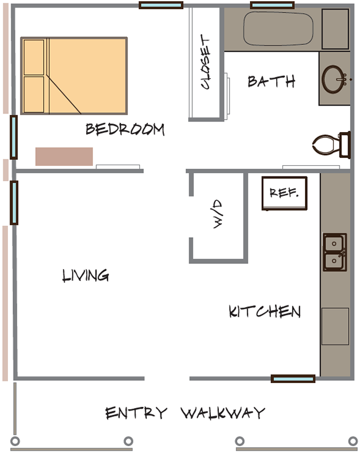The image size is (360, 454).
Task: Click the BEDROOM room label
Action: [125, 129]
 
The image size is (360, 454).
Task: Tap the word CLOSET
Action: [205, 61]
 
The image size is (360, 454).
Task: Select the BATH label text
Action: [272, 81]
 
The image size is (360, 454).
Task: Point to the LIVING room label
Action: [86, 275]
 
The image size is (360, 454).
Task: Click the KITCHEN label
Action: [265, 312]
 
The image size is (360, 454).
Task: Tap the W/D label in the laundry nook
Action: [218, 214]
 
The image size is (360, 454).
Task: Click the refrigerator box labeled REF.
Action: [285, 193]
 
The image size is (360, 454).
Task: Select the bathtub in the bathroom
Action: [278, 29]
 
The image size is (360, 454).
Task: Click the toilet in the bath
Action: [332, 145]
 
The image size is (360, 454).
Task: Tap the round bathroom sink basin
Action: [333, 79]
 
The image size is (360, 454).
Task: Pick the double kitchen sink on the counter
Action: [334, 252]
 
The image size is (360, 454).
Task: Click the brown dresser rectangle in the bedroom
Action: [64, 157]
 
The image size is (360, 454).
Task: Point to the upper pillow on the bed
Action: [34, 57]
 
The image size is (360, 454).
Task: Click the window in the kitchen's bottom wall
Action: [293, 379]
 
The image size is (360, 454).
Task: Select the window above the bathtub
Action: [272, 5]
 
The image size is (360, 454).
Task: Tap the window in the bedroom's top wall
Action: [161, 5]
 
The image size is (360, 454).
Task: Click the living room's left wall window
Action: [14, 203]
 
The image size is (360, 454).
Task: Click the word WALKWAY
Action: [223, 413]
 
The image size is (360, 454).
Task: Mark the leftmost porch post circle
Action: [15, 442]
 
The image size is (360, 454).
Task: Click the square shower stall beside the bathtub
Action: [335, 29]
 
